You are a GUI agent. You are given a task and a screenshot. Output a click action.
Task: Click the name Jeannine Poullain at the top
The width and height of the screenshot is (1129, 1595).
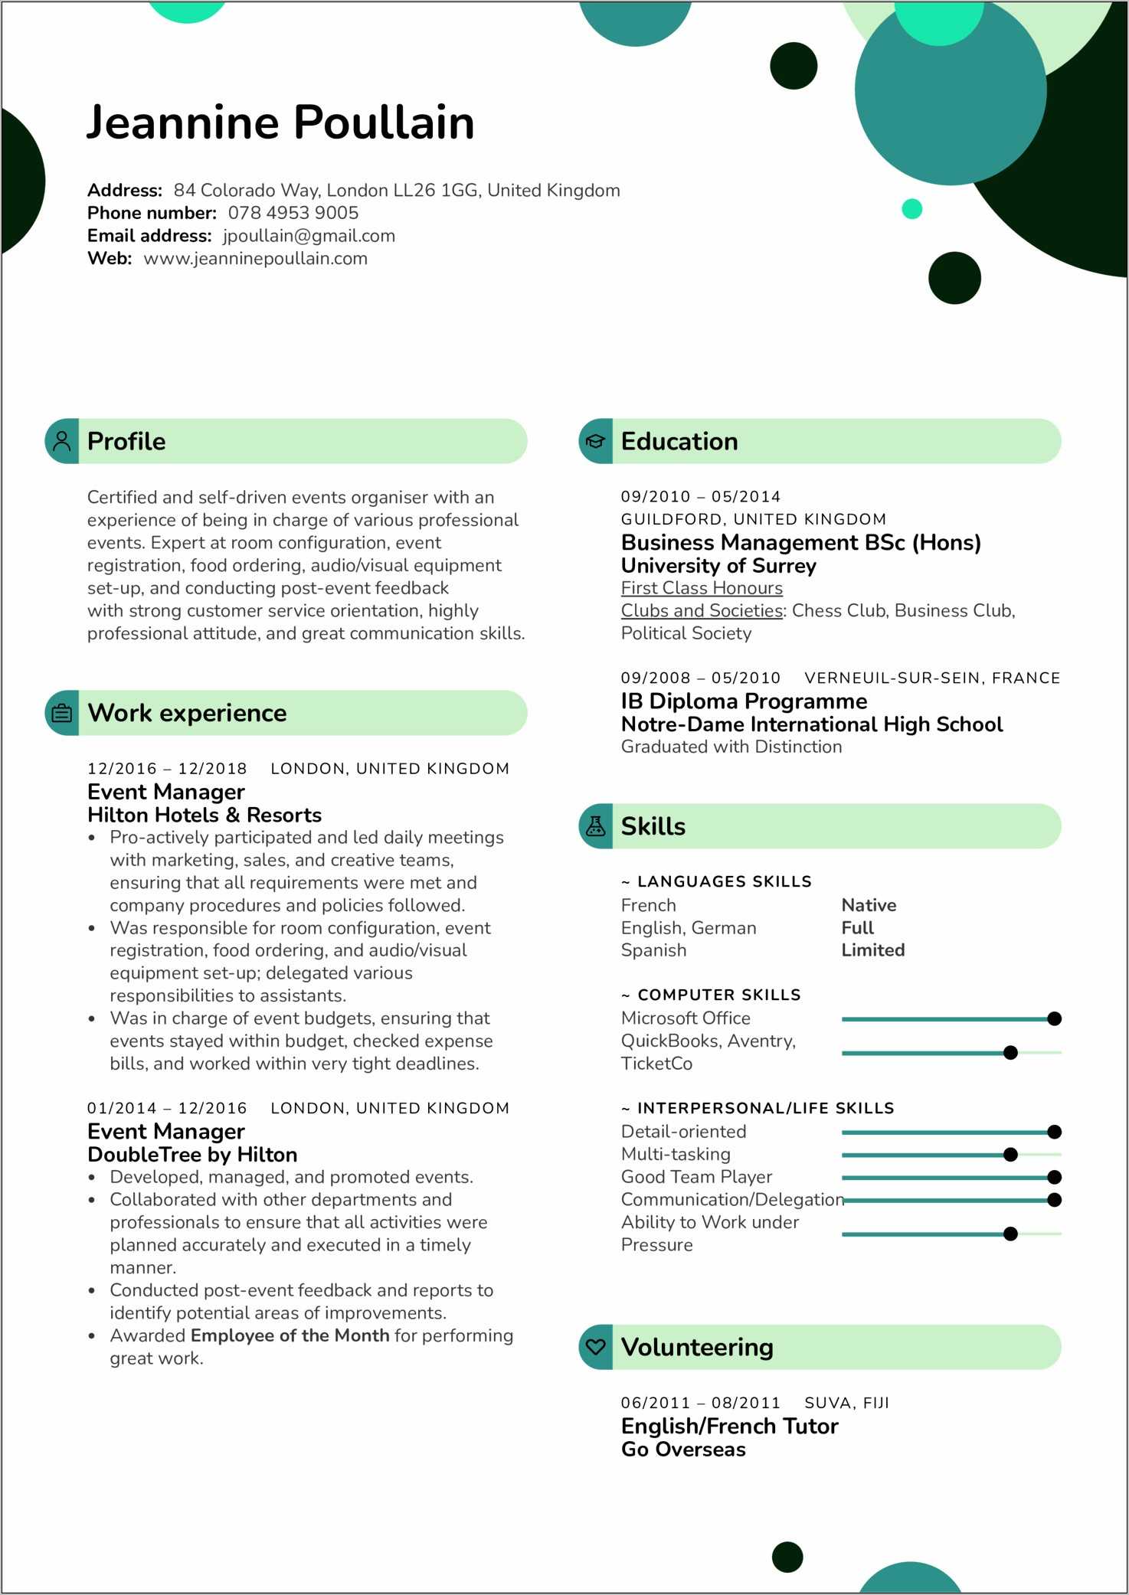280,123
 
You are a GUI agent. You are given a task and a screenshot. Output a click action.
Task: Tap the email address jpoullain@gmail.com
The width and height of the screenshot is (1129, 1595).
309,236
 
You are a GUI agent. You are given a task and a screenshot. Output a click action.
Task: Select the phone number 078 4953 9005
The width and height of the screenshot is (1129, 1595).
293,213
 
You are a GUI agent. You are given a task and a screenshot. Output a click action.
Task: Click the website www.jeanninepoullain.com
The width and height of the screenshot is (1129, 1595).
255,259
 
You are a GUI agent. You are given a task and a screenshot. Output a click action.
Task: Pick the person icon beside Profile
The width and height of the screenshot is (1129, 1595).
62,441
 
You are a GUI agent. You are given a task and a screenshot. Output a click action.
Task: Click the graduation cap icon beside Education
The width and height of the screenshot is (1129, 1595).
595,441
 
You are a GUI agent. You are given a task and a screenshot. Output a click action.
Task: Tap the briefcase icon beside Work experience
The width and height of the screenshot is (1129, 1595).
62,713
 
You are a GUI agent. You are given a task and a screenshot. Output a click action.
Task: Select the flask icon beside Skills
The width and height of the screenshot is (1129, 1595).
595,826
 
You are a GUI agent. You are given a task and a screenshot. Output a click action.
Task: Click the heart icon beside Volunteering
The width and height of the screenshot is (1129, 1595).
595,1347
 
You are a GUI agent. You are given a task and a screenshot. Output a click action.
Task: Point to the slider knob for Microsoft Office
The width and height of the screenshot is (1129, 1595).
1054,1018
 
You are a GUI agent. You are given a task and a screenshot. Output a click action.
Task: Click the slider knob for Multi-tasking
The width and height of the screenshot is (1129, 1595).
1010,1154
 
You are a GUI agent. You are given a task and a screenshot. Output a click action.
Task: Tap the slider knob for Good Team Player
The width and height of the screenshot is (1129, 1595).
1054,1177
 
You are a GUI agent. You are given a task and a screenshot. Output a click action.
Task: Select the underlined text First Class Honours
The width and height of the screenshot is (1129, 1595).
702,588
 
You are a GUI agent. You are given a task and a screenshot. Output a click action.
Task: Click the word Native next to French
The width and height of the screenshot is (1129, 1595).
869,905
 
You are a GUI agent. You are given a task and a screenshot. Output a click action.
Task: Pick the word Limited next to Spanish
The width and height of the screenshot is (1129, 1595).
873,950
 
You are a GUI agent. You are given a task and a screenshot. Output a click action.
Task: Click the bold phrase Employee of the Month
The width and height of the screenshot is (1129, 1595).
290,1335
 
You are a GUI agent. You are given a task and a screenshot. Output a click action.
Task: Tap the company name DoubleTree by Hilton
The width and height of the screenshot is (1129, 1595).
192,1155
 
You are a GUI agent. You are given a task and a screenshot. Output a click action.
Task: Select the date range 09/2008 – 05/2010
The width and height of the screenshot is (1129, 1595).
700,678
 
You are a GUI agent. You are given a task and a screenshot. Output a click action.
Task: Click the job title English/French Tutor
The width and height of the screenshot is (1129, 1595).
729,1427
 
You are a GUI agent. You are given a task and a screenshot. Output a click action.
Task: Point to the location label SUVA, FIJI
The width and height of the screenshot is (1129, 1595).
846,1403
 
